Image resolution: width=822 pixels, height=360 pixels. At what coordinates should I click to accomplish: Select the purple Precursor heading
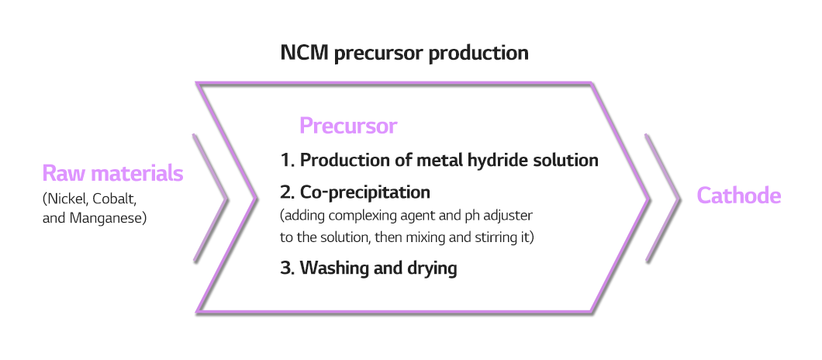(x=348, y=126)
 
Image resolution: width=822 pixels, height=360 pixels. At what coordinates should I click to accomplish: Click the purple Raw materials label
(x=112, y=173)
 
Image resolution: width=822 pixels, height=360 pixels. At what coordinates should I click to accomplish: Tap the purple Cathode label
(x=739, y=196)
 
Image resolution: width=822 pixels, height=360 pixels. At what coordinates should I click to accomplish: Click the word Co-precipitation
(x=365, y=192)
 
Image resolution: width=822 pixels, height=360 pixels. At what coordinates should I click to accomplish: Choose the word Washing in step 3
(x=333, y=268)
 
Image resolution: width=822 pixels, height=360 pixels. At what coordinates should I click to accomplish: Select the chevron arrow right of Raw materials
(x=210, y=198)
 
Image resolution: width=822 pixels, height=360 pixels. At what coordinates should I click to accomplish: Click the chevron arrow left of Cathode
(x=662, y=198)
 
